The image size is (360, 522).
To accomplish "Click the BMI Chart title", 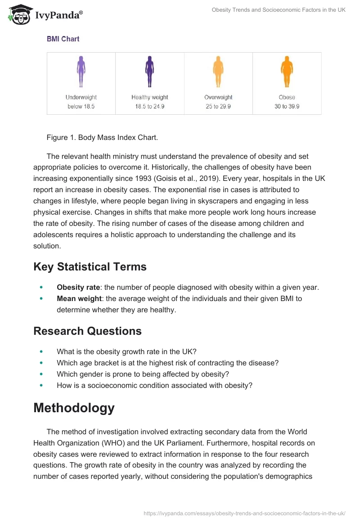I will point(63,39).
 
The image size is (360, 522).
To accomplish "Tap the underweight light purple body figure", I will point(81,72).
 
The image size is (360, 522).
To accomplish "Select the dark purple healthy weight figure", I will point(149,72).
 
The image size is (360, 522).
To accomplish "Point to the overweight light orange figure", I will point(218,72).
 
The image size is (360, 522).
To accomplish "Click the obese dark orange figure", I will point(287,72).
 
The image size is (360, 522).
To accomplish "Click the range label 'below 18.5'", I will point(81,107).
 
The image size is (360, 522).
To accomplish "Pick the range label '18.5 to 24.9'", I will point(149,107).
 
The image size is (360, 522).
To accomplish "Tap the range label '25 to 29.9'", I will point(218,107).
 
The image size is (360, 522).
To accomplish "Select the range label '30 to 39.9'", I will point(287,107).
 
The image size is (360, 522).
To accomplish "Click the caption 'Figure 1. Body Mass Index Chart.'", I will point(102,138).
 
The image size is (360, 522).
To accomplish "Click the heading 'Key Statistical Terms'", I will point(90,267).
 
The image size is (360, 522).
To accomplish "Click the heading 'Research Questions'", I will point(87,331).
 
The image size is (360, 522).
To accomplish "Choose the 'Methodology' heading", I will point(74,408).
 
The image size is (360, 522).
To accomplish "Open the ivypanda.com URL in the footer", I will point(244,513).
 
